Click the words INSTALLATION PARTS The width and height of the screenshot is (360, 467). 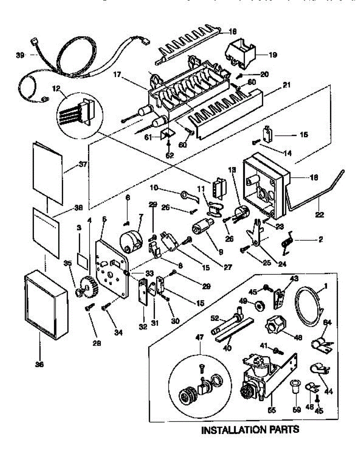click(x=250, y=430)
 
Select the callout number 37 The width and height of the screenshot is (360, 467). click(x=82, y=164)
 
